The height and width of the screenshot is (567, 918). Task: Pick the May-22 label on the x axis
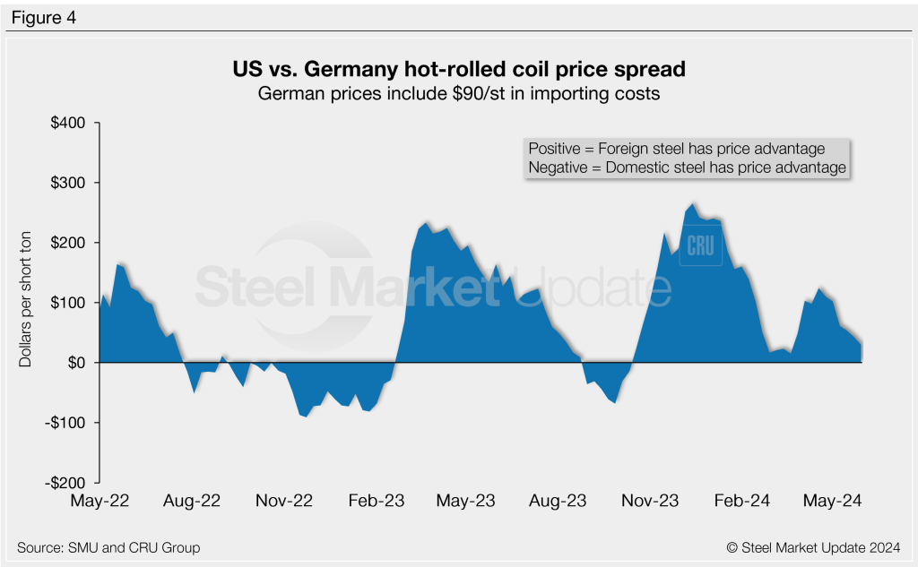point(99,501)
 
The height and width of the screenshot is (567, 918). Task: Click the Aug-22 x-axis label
point(192,501)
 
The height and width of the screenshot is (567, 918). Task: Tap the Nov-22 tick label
point(285,501)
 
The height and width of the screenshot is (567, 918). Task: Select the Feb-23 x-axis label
point(377,501)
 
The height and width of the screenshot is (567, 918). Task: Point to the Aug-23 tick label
point(559,501)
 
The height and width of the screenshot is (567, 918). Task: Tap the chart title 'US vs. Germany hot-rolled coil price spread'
point(459,69)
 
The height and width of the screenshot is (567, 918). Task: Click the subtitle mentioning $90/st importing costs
point(459,93)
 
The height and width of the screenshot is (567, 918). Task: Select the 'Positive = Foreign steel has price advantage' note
point(676,149)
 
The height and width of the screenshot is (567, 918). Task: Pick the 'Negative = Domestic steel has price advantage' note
point(687,168)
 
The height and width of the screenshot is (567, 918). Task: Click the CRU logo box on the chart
point(700,244)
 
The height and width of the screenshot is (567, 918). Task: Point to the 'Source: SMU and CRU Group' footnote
point(108,547)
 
